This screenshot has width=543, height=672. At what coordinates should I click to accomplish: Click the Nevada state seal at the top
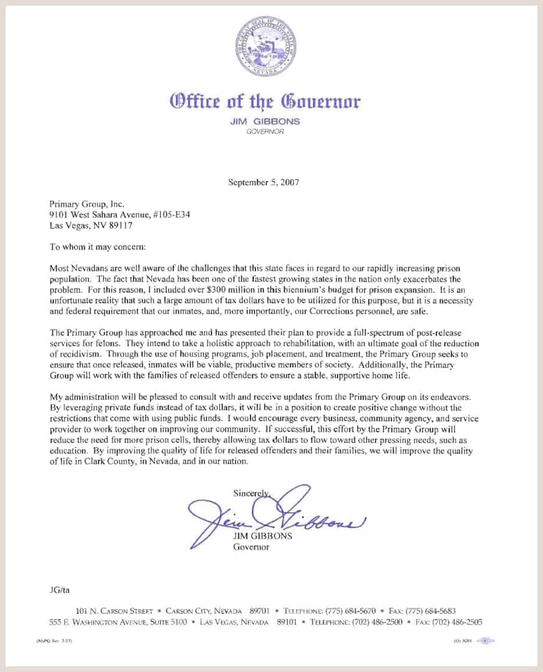point(265,46)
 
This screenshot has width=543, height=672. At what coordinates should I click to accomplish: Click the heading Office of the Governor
point(265,102)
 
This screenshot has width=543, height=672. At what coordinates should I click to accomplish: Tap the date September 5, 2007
point(264,182)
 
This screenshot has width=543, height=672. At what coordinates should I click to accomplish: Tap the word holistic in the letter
point(177,343)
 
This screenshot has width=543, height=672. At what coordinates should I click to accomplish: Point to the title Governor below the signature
point(251,547)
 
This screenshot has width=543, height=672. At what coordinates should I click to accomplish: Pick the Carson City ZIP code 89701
point(259,611)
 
